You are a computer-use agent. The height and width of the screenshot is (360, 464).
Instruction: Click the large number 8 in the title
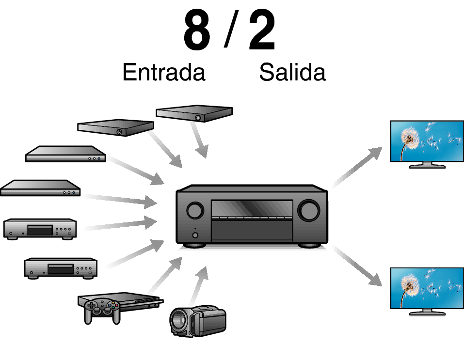[197, 30]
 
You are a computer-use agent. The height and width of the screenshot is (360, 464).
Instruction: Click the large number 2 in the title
[262, 30]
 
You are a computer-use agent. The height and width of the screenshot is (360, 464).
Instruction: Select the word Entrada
[164, 72]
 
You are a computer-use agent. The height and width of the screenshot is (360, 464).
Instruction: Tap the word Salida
[292, 72]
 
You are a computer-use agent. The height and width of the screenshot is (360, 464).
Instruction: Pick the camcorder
[198, 321]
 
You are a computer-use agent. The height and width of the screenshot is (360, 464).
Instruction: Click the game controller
[102, 311]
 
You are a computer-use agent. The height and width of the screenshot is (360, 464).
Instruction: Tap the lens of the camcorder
[178, 321]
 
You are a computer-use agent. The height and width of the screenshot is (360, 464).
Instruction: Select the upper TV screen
[427, 141]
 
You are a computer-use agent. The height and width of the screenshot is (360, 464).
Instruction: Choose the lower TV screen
[427, 288]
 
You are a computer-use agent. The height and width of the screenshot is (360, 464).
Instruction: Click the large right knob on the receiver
[309, 211]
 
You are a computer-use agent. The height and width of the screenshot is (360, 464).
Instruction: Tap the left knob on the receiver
[195, 210]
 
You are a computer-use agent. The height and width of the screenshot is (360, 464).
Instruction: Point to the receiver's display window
[252, 208]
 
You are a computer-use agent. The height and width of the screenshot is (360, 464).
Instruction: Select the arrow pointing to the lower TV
[357, 266]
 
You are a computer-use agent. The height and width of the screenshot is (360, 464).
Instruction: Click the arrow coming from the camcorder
[199, 286]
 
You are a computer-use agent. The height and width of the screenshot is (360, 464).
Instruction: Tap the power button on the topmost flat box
[198, 117]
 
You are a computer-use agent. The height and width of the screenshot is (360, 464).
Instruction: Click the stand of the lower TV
[427, 312]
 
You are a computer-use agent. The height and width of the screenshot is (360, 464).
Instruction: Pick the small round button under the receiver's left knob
[195, 235]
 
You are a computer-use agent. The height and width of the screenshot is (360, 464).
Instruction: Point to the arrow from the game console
[165, 275]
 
